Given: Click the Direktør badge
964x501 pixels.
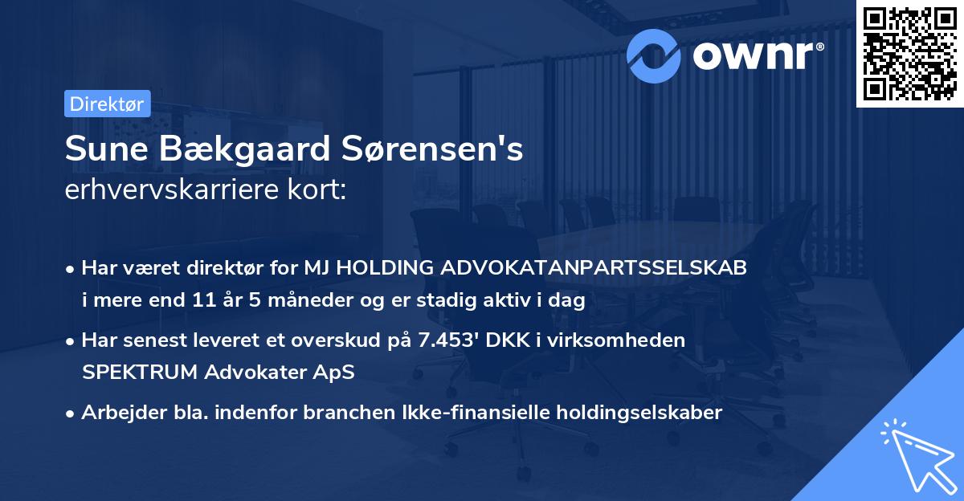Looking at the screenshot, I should tap(107, 104).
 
